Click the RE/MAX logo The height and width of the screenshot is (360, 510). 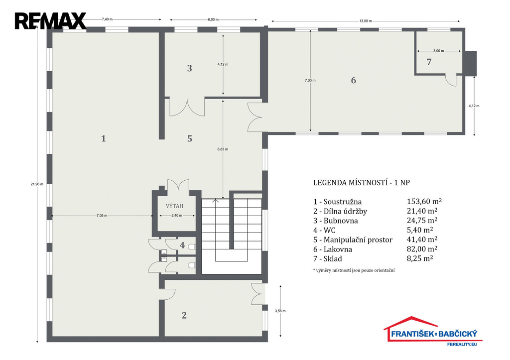pos(50,21)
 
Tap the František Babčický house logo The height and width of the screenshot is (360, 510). pos(432,331)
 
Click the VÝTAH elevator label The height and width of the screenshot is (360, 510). pos(174,206)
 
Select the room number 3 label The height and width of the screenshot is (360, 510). pos(190,68)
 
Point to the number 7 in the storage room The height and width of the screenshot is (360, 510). pos(429,62)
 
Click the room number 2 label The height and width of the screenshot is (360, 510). pos(184,315)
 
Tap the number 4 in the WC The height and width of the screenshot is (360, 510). pos(182,245)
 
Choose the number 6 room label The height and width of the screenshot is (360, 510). pos(354,80)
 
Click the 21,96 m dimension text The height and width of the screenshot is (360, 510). pos(37,184)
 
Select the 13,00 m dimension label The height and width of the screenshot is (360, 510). pos(366,21)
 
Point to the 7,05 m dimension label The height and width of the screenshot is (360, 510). pos(102,216)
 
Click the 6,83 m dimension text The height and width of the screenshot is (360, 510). pos(223,149)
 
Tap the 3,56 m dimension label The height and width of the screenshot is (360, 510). pos(280,311)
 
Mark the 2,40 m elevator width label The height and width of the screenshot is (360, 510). pos(177,216)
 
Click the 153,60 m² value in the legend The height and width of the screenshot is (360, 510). pos(424,201)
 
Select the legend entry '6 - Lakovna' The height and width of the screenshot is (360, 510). pos(333,249)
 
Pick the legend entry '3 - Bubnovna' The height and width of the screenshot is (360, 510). pos(336,221)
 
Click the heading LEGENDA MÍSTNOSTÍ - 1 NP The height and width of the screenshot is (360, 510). pos(362,182)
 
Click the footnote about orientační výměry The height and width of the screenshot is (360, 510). pos(354,270)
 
